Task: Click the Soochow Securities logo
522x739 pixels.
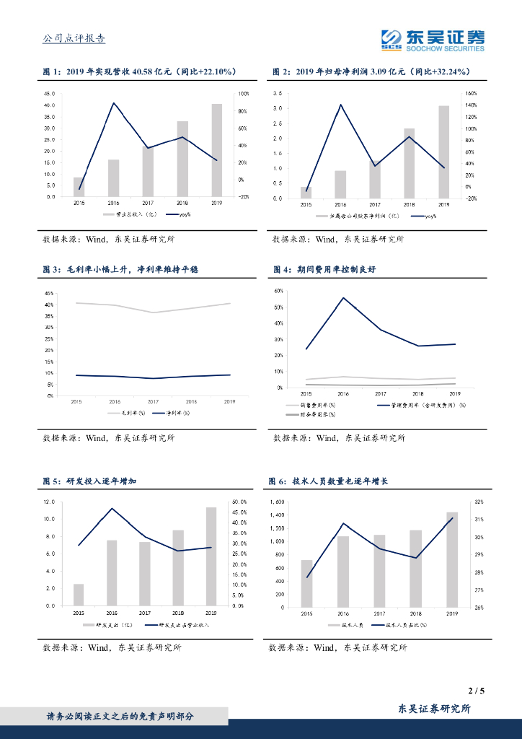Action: point(433,40)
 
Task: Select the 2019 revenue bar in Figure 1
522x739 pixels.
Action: point(217,150)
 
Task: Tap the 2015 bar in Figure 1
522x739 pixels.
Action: point(79,187)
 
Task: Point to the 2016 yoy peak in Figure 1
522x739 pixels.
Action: point(113,103)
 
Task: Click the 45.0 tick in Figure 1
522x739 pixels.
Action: point(50,94)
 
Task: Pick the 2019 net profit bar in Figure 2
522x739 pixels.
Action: point(444,152)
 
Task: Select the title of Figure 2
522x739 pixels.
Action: point(371,72)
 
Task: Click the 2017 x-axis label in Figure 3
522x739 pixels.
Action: point(153,401)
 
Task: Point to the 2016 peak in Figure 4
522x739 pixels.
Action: point(343,297)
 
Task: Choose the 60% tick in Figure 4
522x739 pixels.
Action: point(278,291)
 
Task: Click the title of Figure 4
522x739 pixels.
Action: point(324,269)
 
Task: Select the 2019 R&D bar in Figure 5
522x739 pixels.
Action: point(211,556)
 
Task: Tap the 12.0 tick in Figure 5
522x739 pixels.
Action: point(49,502)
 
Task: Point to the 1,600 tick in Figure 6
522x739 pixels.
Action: point(276,502)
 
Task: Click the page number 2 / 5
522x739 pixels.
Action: point(476,691)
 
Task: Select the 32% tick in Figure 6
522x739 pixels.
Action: point(479,502)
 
